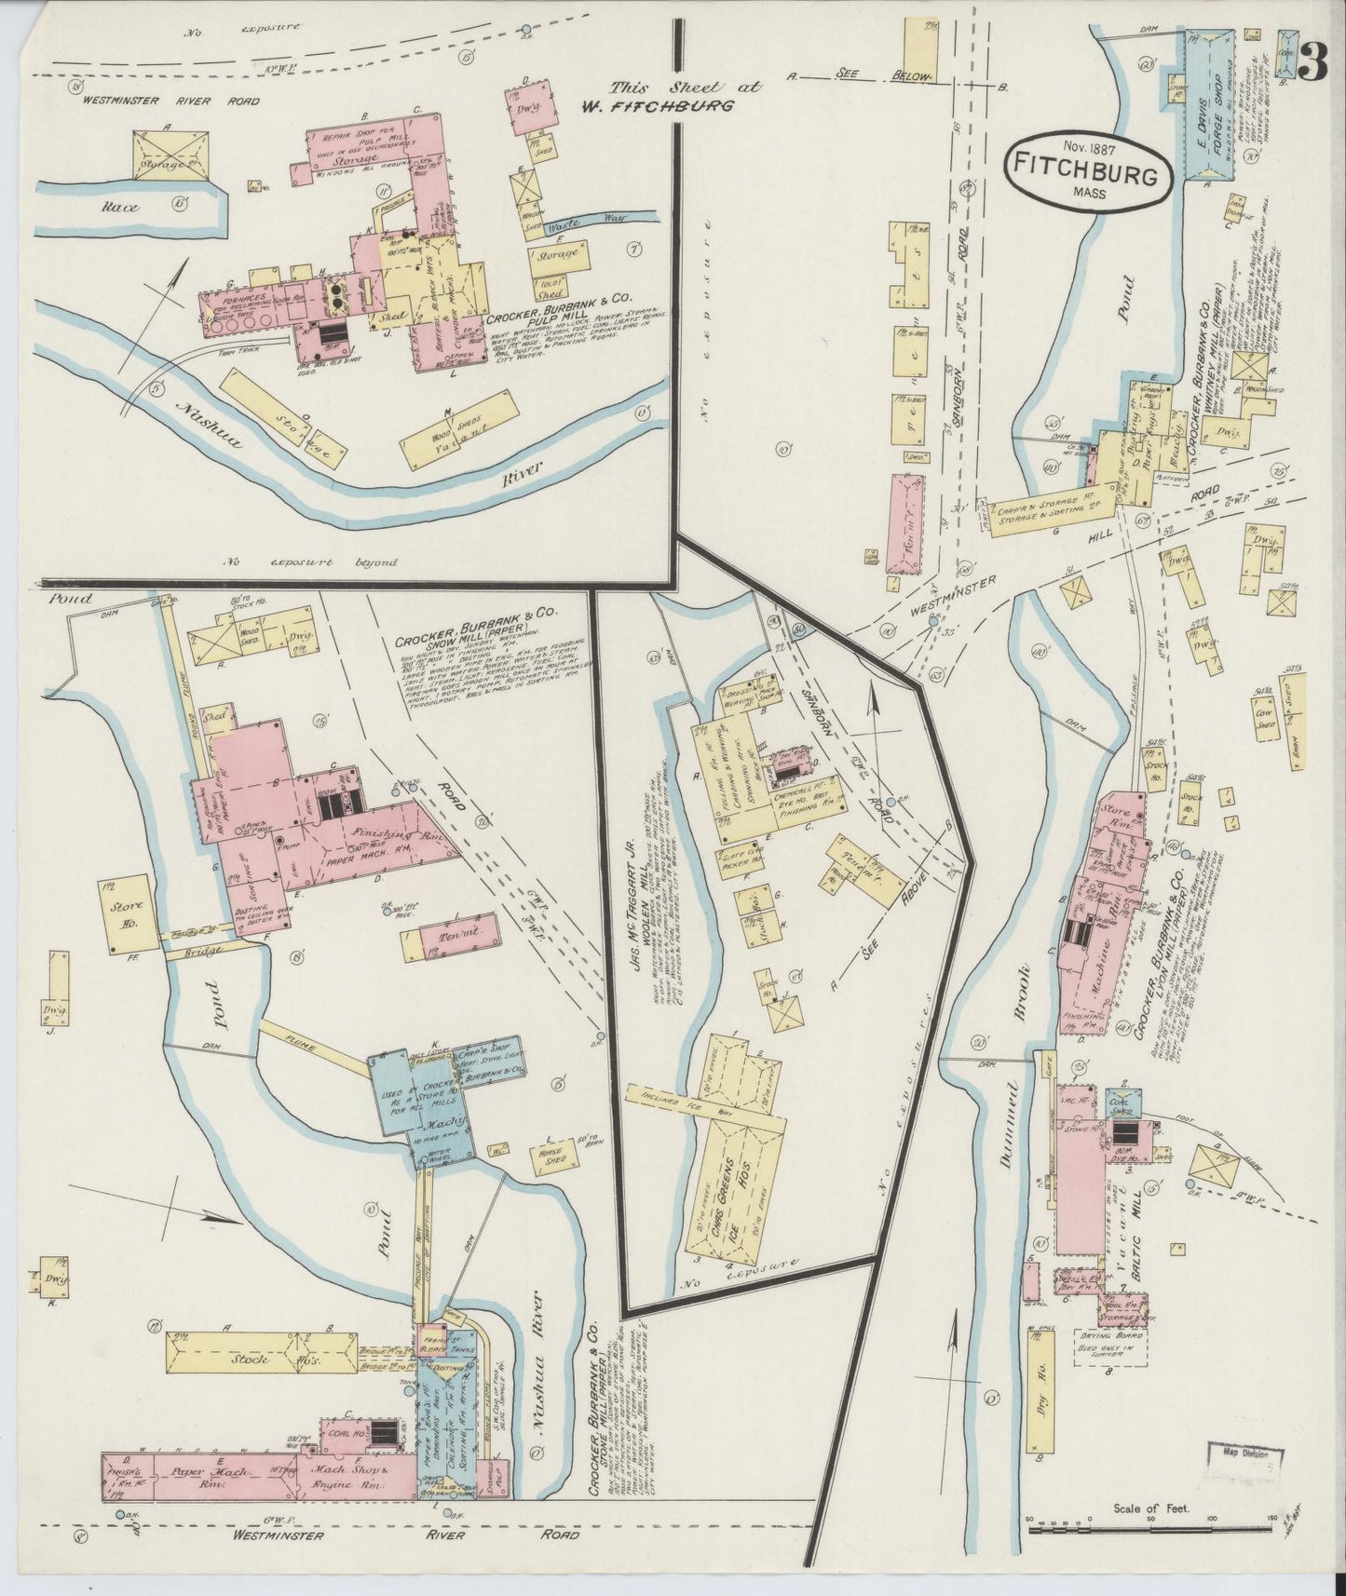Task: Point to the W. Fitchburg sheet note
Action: pyautogui.click(x=672, y=96)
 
